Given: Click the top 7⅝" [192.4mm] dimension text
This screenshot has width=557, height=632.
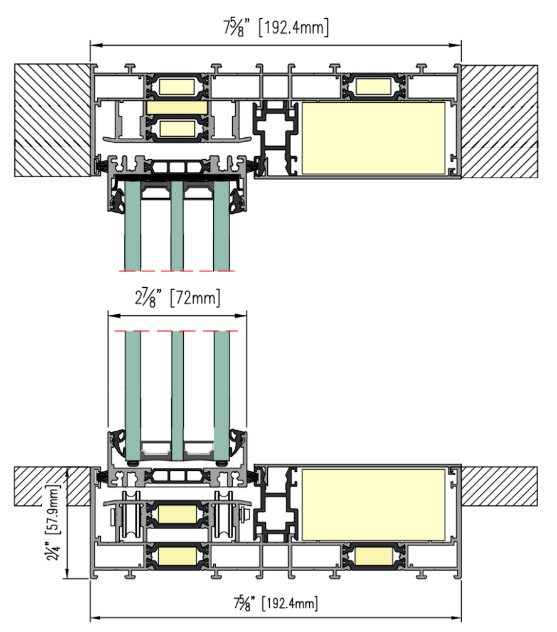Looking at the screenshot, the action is click(276, 28).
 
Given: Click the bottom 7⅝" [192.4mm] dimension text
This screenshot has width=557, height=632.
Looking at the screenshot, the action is click(276, 603).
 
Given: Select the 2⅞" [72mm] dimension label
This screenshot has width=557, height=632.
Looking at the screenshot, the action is click(178, 298).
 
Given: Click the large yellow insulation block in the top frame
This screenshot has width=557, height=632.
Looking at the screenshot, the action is click(373, 138).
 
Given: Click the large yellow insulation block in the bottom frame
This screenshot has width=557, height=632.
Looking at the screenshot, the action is click(373, 505).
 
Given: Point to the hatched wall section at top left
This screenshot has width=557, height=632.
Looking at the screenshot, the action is click(52, 120).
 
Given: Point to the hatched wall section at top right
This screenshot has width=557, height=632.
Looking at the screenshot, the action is click(499, 121).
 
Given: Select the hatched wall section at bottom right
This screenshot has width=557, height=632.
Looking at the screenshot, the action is click(499, 487).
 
